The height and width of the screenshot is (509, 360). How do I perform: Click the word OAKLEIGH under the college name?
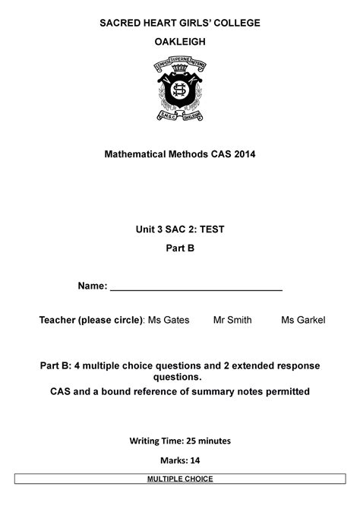coord(181,43)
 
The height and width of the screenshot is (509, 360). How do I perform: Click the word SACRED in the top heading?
coord(122,23)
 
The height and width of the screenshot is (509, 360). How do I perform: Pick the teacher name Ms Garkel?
coord(303,321)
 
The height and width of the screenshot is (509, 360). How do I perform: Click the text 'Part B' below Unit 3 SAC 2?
coord(181,248)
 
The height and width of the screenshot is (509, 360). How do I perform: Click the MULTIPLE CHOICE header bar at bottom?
coord(180,479)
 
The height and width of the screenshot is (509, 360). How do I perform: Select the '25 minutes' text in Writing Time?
coord(214,440)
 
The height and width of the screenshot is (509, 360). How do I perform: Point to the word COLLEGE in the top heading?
coord(233,23)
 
